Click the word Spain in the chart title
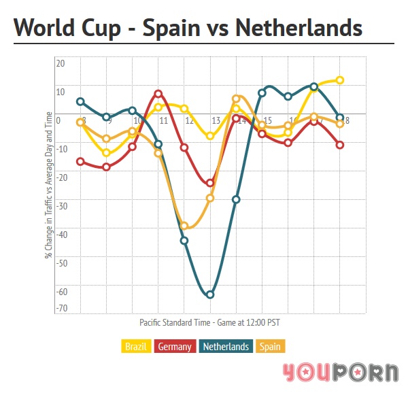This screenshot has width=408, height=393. tap(170, 29)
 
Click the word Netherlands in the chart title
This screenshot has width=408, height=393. tap(299, 29)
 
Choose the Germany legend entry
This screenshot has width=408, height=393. tap(175, 347)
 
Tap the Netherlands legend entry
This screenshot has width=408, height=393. tap(226, 347)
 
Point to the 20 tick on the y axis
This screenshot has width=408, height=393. tap(60, 63)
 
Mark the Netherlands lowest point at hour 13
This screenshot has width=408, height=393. tap(210, 294)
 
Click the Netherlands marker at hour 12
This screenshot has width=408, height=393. tap(184, 240)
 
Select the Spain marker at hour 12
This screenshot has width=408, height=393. tap(184, 226)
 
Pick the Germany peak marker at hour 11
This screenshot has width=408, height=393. tap(158, 94)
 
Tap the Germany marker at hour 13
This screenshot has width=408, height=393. tap(210, 183)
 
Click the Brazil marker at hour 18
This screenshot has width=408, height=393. tap(340, 80)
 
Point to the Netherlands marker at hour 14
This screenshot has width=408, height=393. tap(236, 199)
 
